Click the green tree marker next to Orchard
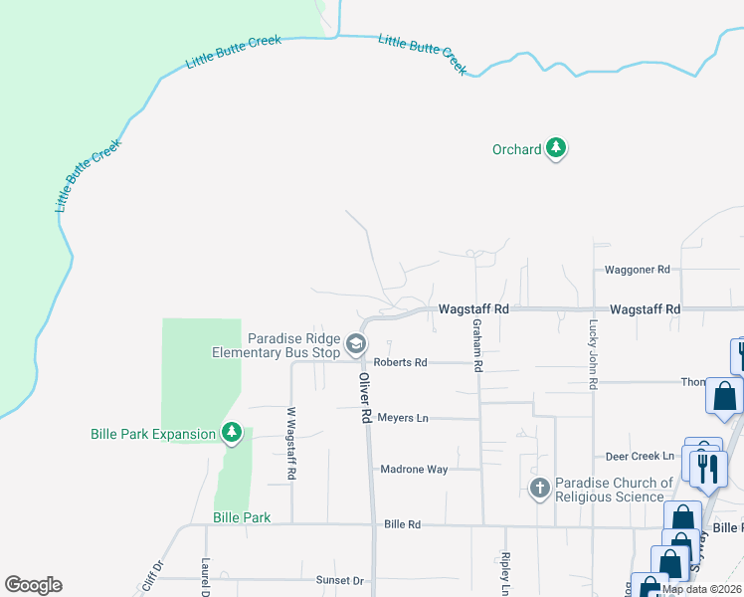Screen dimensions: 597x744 [556, 149]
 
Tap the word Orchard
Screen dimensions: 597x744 [517, 149]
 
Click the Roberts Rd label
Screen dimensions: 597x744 [400, 363]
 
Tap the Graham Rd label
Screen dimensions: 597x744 [477, 345]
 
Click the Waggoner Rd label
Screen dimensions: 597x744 [639, 270]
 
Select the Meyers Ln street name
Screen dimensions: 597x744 [403, 418]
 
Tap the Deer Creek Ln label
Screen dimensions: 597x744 [641, 457]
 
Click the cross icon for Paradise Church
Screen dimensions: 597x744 [539, 488]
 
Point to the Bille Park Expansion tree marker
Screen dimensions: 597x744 [231, 433]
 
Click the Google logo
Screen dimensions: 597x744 [33, 585]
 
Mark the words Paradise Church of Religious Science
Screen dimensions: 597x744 [611, 490]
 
